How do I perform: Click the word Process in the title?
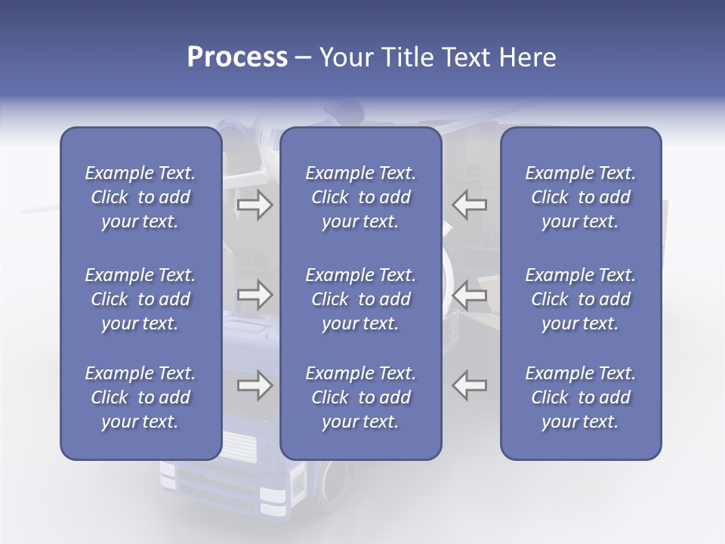click(237, 57)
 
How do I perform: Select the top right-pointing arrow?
click(255, 205)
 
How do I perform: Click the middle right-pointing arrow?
click(255, 295)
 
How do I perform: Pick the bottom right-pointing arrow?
click(255, 386)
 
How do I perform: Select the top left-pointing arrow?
click(469, 205)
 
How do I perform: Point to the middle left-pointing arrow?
click(469, 295)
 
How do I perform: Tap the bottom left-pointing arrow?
click(469, 386)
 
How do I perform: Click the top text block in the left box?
click(140, 197)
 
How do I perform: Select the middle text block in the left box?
click(140, 299)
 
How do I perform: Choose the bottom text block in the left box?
click(140, 397)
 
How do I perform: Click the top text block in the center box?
click(360, 197)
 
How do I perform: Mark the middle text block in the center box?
click(360, 299)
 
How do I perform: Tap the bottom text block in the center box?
click(360, 397)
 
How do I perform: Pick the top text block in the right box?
click(581, 197)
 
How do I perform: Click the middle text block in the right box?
click(581, 299)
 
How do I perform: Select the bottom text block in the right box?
click(581, 397)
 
